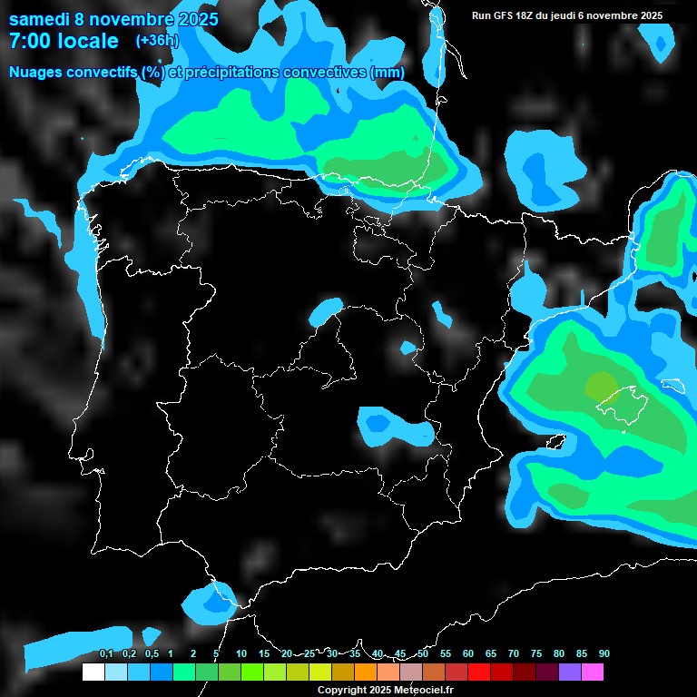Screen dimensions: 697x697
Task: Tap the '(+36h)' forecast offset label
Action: pyautogui.click(x=157, y=40)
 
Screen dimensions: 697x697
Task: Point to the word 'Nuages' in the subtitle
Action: pyautogui.click(x=37, y=73)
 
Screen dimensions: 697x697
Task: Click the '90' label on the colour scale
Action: pyautogui.click(x=604, y=653)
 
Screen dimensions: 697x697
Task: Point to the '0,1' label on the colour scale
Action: pyautogui.click(x=105, y=653)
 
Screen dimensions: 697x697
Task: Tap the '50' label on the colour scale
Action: pyautogui.click(x=423, y=653)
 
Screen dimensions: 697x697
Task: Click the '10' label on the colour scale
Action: pyautogui.click(x=241, y=653)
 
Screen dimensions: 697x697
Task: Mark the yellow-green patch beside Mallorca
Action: pyautogui.click(x=599, y=385)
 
